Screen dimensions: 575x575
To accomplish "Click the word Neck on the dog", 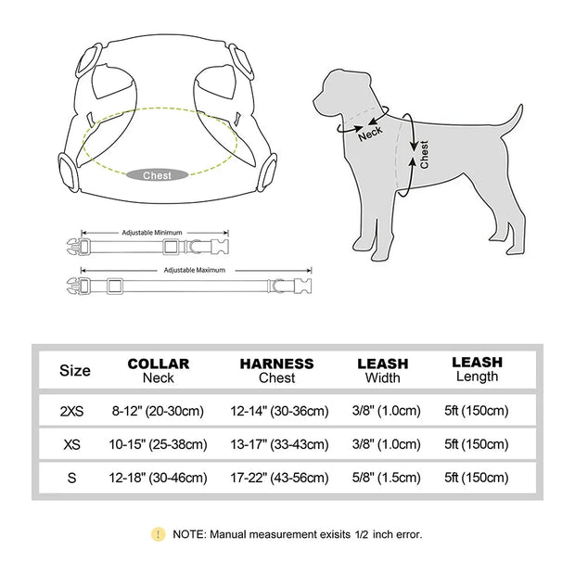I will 370,133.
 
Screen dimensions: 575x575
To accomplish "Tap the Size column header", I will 75,370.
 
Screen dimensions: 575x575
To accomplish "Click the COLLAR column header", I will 159,370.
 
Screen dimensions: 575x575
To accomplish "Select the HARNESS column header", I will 276,370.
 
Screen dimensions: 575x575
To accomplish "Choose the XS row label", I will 73,445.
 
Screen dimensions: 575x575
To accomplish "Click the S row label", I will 73,479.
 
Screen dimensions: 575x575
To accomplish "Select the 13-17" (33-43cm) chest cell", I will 277,445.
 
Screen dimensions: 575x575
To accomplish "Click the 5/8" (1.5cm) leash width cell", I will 383,479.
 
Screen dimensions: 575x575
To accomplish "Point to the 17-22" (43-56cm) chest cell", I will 277,479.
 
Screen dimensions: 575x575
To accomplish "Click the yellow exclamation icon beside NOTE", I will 159,533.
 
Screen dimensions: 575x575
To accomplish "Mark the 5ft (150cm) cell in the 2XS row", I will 476,411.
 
